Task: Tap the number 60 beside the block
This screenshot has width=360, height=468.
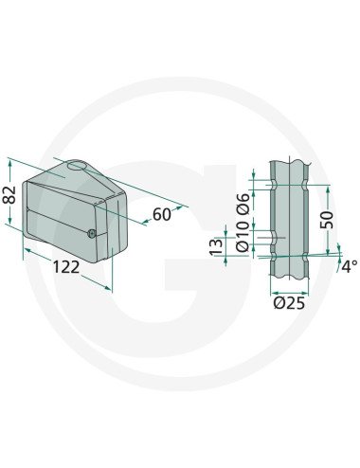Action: (161, 214)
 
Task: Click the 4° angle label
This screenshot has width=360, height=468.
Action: (350, 266)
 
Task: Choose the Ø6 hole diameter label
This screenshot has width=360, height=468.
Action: (243, 202)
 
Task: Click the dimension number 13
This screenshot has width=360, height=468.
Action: (216, 247)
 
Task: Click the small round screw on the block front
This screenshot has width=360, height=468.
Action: (91, 234)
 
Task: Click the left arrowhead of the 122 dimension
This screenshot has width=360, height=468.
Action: (26, 249)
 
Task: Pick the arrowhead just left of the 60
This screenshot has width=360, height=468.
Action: (145, 220)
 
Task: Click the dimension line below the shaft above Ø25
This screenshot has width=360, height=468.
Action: (290, 288)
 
